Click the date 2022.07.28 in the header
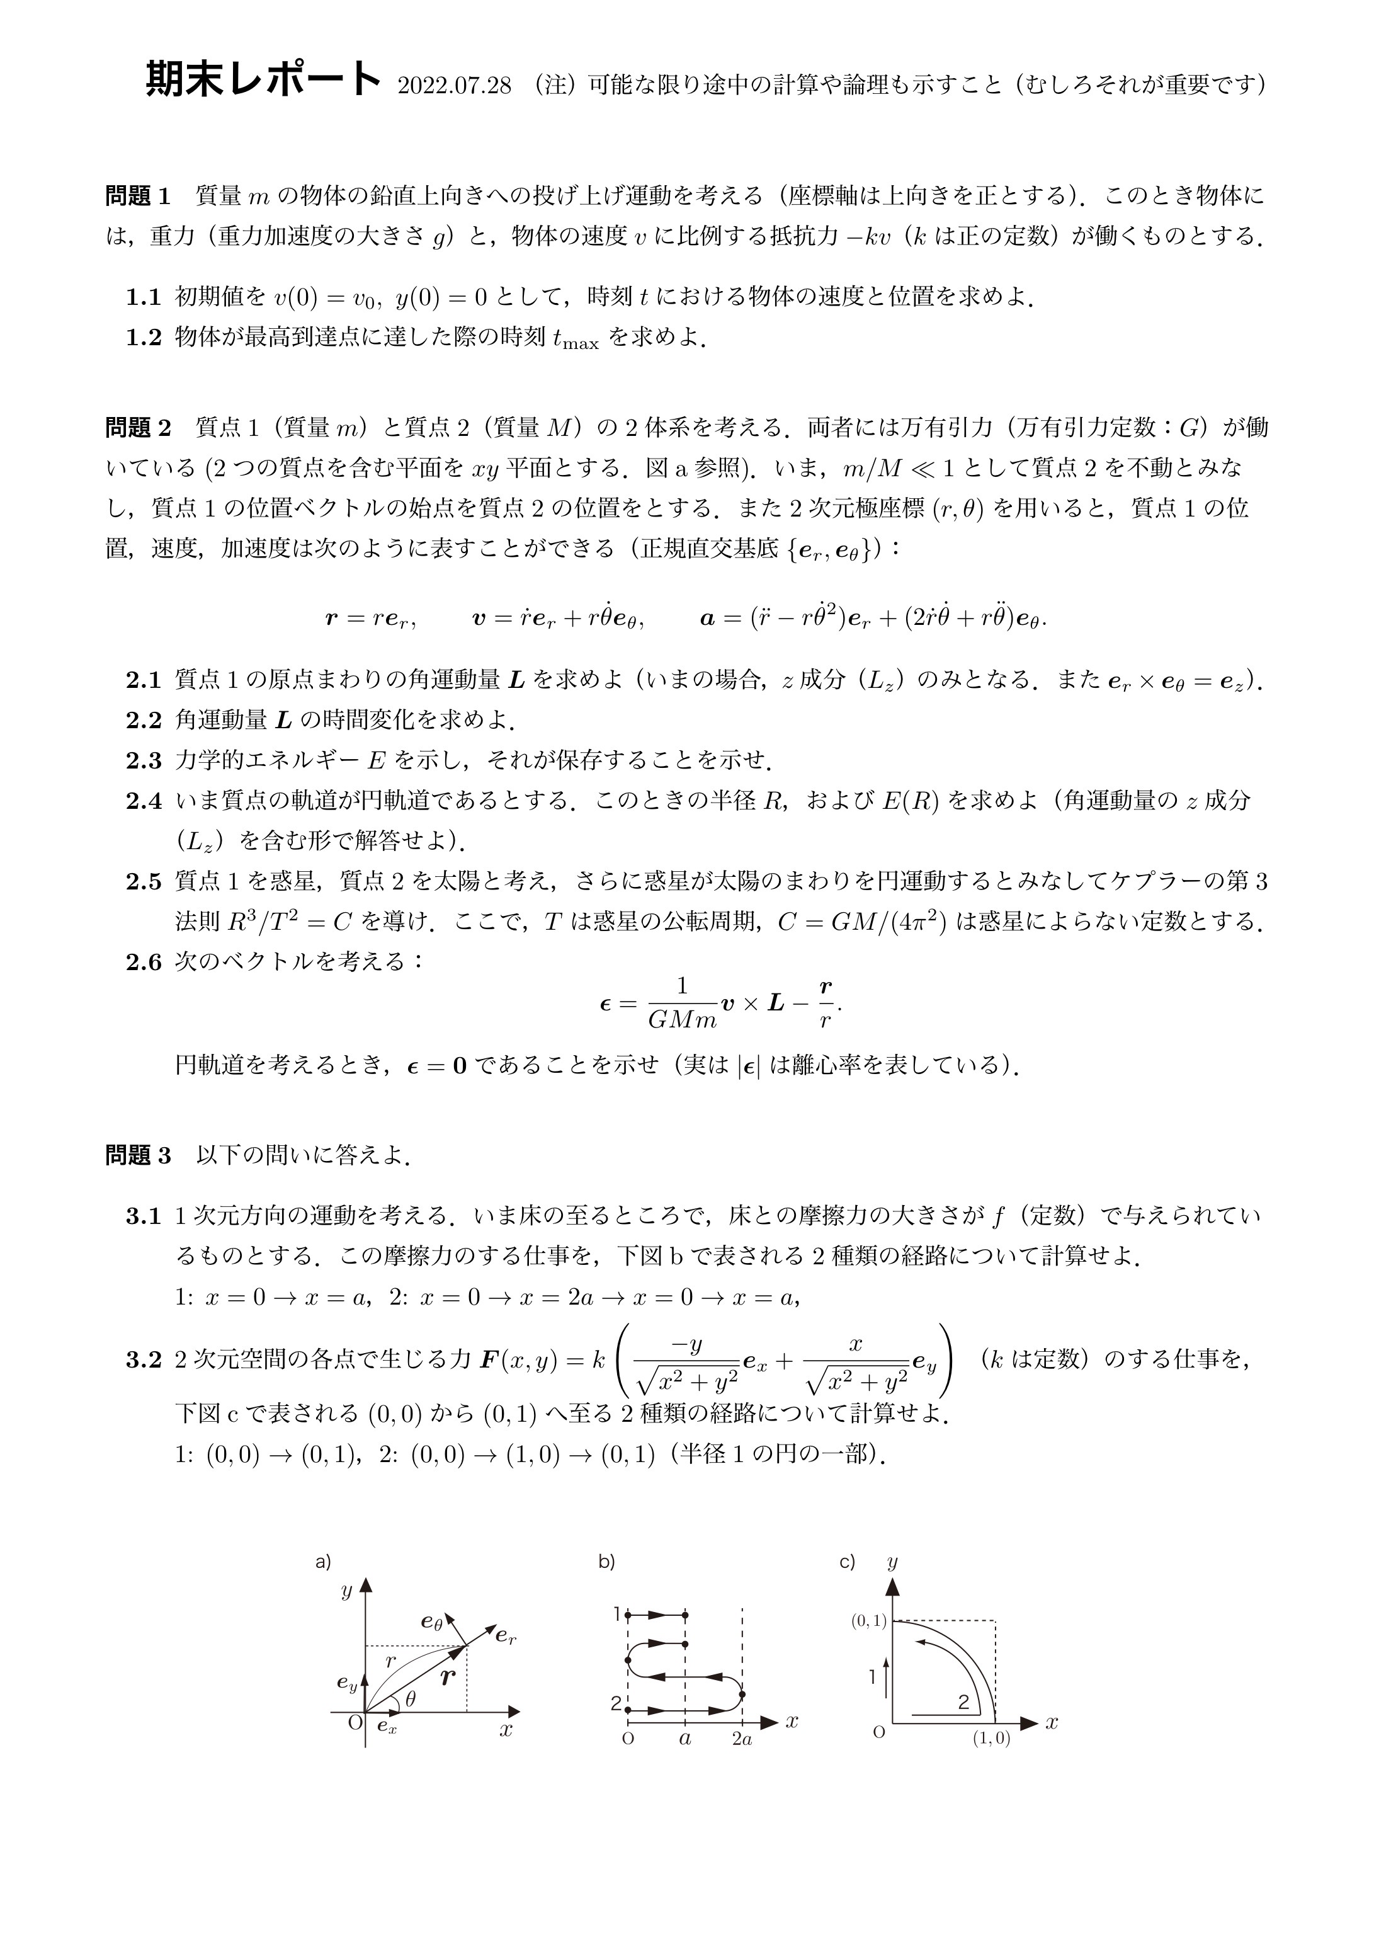pyautogui.click(x=454, y=86)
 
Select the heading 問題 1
pyautogui.click(x=138, y=197)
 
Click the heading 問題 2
pyautogui.click(x=138, y=428)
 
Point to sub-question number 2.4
pyautogui.click(x=143, y=801)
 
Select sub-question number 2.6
pyautogui.click(x=143, y=963)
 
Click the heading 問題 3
pyautogui.click(x=138, y=1156)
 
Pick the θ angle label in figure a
pyautogui.click(x=411, y=1698)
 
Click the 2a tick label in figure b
pyautogui.click(x=742, y=1739)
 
